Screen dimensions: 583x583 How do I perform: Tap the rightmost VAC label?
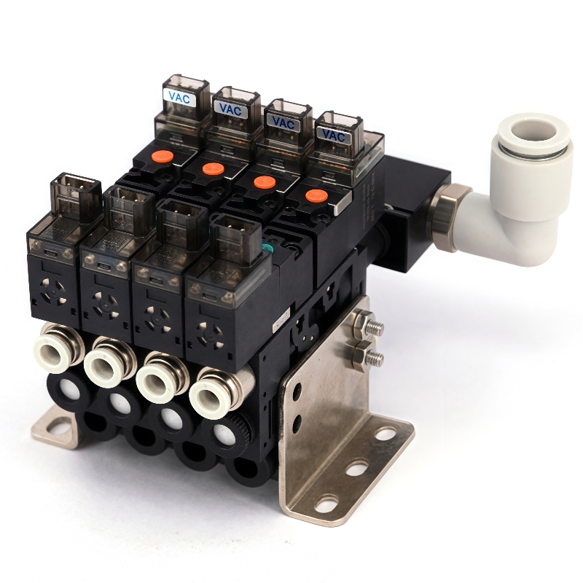point(334,136)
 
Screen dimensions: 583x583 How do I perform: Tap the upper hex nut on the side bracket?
point(365,321)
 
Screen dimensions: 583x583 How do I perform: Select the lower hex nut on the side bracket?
point(361,353)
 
